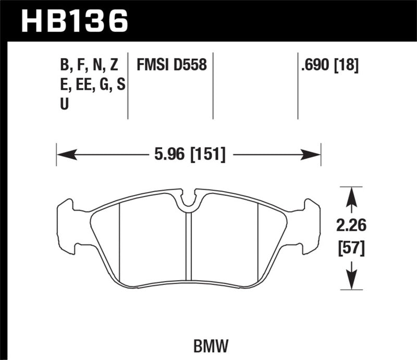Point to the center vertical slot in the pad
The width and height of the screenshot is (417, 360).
click(x=189, y=245)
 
